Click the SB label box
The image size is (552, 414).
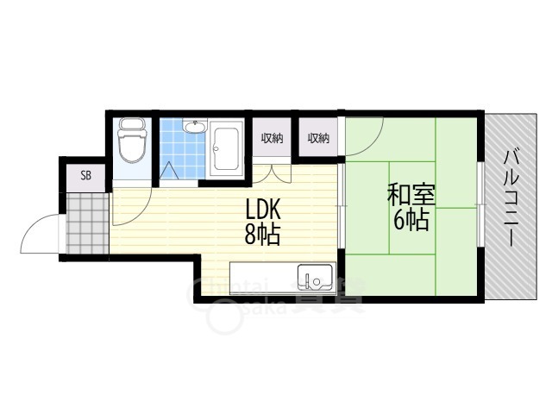(x=85, y=175)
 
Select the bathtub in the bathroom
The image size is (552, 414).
(x=228, y=149)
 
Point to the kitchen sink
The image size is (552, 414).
(x=314, y=277)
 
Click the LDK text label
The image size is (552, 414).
(x=263, y=211)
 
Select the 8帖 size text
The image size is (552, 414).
(x=263, y=235)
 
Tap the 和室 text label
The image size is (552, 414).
(x=411, y=194)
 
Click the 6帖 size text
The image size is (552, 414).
(x=411, y=221)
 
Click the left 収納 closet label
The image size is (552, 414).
(x=273, y=138)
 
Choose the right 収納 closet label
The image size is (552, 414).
(x=318, y=138)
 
